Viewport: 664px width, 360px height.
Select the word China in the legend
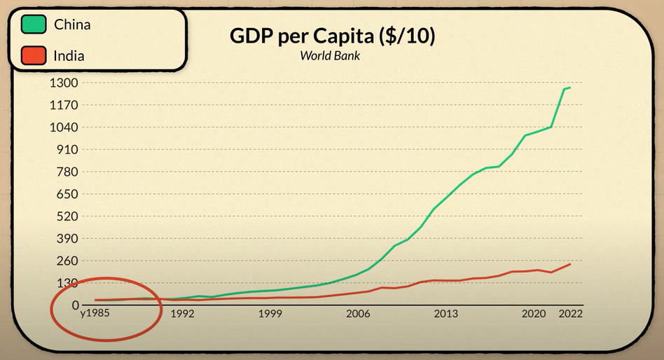coord(72,25)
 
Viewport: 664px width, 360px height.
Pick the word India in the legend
coord(69,55)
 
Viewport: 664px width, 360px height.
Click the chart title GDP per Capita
coord(332,37)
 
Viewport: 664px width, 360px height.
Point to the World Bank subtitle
coord(330,55)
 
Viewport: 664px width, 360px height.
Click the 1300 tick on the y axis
coord(64,83)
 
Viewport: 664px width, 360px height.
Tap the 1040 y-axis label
coord(64,127)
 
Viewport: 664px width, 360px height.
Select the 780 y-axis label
coord(68,172)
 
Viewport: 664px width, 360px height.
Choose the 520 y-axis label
coord(68,216)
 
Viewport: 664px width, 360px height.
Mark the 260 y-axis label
coord(68,261)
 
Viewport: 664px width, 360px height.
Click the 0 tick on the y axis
coord(76,305)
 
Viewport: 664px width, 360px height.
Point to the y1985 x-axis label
coord(95,314)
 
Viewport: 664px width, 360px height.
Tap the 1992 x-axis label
coord(182,314)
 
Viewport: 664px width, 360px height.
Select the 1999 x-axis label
coord(270,314)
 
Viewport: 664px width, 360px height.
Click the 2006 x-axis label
coord(358,314)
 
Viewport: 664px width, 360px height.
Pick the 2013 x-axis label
coord(446,314)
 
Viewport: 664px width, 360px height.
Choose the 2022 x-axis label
coord(569,314)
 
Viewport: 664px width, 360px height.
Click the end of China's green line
coord(570,88)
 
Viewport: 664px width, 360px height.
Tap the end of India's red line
coord(570,264)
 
